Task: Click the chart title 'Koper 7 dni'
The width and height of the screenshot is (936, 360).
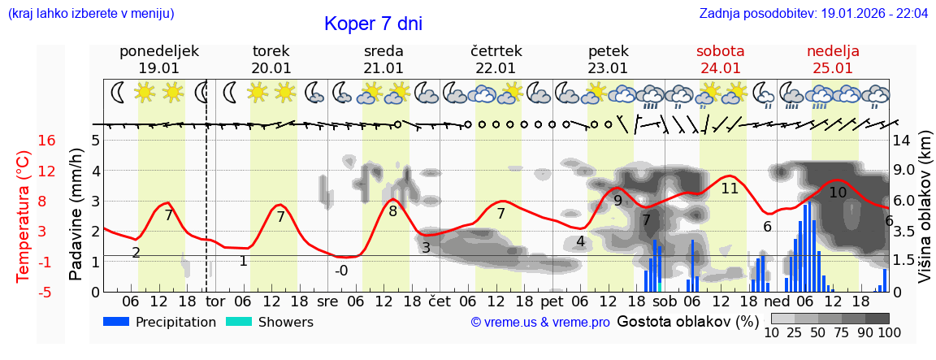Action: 373,24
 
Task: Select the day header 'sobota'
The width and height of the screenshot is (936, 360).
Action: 720,51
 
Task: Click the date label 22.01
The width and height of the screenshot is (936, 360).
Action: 496,68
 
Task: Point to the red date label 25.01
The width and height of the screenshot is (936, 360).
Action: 833,68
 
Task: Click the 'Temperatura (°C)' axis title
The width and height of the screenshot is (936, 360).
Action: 24,216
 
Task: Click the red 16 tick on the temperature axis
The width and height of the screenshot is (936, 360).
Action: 46,141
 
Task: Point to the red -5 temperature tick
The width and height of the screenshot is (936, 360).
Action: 46,292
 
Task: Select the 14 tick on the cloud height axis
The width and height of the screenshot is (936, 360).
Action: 902,141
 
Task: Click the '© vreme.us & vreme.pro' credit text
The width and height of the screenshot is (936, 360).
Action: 540,323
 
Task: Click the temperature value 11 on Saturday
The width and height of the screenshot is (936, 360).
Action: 730,189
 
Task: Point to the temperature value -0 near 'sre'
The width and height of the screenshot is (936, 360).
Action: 341,271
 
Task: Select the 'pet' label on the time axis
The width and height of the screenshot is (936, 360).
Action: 552,301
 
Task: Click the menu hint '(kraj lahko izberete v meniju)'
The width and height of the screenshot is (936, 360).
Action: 91,14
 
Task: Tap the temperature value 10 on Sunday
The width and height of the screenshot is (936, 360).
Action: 838,193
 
